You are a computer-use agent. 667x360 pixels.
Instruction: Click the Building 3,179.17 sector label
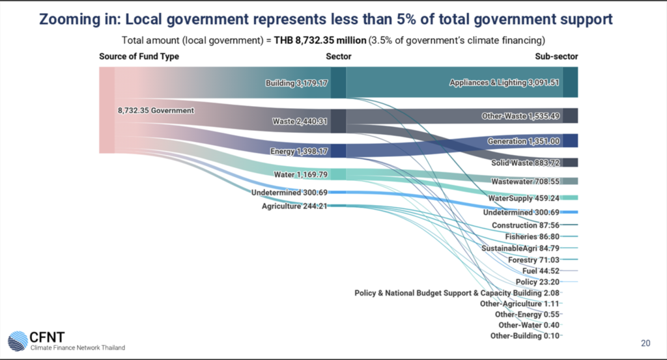pyautogui.click(x=296, y=83)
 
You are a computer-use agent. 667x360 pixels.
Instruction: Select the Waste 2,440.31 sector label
pyautogui.click(x=299, y=121)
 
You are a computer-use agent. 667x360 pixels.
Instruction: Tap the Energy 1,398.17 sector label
pyautogui.click(x=298, y=152)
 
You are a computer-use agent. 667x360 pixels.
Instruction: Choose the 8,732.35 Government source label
pyautogui.click(x=156, y=111)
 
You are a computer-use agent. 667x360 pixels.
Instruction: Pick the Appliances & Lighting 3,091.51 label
pyautogui.click(x=505, y=83)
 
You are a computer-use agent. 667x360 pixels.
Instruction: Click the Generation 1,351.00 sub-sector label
pyautogui.click(x=524, y=141)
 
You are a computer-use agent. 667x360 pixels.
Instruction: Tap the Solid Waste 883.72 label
pyautogui.click(x=525, y=162)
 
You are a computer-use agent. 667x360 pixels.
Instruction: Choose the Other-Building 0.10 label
pyautogui.click(x=525, y=335)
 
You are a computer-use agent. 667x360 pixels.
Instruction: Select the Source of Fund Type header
pyautogui.click(x=139, y=57)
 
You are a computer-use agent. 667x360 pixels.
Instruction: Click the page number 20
pyautogui.click(x=646, y=343)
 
